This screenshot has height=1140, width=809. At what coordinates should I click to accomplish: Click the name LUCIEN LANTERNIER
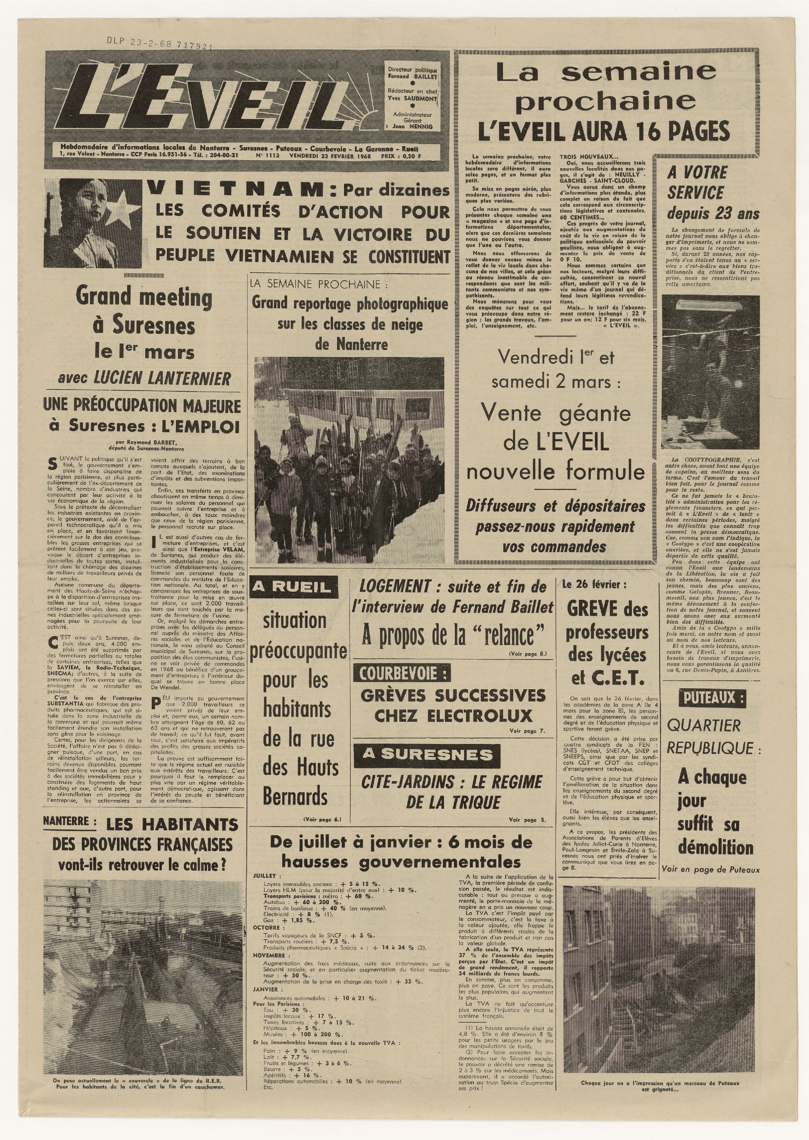tap(162, 379)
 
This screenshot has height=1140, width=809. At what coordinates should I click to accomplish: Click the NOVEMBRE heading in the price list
tap(269, 956)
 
